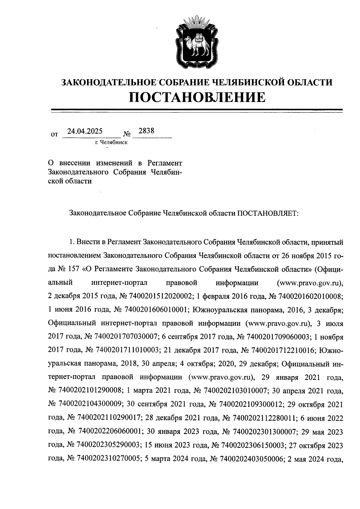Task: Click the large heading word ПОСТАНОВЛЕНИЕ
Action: [x=197, y=97]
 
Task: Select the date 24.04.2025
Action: [x=85, y=131]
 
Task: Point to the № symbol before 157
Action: [x=62, y=269]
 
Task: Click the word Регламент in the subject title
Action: [x=165, y=163]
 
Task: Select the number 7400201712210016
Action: [x=282, y=350]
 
